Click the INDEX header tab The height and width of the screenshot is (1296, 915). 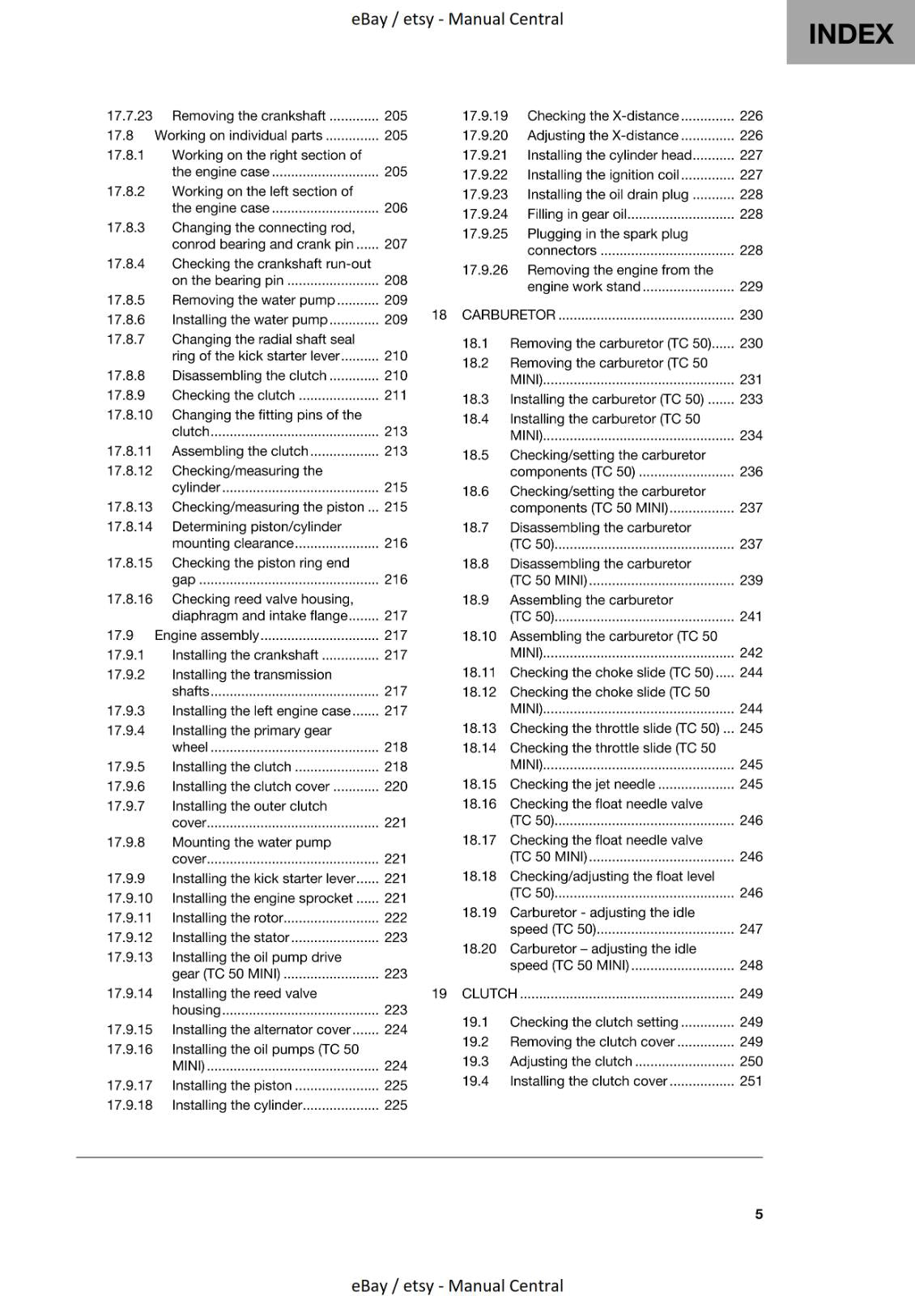[850, 33]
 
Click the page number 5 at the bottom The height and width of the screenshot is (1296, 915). [759, 1213]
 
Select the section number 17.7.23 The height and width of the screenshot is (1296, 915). [130, 116]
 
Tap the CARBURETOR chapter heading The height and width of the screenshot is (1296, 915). [509, 314]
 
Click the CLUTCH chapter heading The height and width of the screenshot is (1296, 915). [489, 993]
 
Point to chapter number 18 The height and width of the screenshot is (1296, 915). [439, 314]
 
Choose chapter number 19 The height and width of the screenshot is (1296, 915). [439, 993]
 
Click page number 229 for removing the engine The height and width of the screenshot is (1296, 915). [751, 286]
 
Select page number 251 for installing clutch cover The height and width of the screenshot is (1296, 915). [751, 1081]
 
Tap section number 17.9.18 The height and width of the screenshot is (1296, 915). [130, 1105]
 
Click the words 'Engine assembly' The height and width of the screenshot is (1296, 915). [206, 635]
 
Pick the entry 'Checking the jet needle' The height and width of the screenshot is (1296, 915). [582, 784]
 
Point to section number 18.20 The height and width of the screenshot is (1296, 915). [479, 949]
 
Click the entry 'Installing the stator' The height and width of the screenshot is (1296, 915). [230, 937]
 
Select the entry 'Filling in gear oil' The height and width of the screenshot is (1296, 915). [577, 214]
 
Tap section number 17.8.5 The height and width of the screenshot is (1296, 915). [126, 300]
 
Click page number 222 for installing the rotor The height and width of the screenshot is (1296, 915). [395, 918]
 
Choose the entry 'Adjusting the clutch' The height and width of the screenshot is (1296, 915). [571, 1061]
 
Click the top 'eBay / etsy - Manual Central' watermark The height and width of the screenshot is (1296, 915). [457, 19]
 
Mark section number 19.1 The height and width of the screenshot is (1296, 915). [475, 1022]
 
